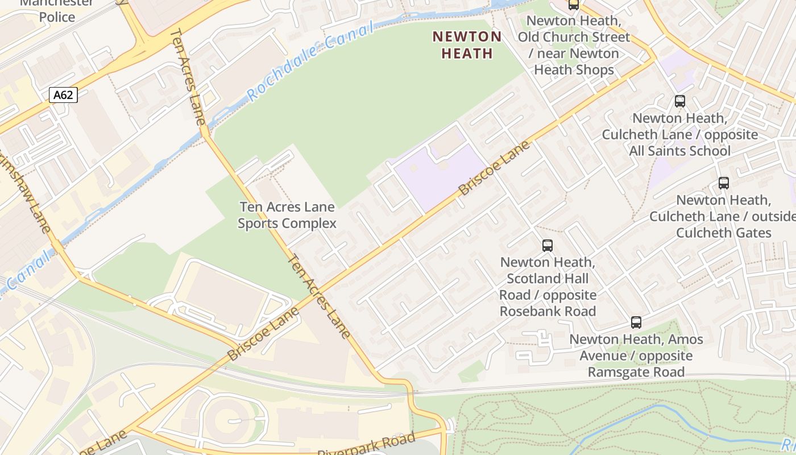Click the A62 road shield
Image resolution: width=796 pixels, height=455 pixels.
coord(63,95)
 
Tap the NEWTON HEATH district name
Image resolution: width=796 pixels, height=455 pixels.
coord(467,45)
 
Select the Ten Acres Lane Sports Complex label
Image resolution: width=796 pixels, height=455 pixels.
coord(287,215)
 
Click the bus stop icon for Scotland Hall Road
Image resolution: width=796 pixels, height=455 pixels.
coord(548,246)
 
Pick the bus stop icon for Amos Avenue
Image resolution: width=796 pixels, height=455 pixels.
coord(636,322)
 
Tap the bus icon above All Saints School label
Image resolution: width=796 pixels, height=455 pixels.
coord(679,101)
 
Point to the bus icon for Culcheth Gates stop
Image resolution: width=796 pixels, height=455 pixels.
coord(723,183)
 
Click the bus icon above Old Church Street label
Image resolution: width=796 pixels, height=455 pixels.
coord(573,5)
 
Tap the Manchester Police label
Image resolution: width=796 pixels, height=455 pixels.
coord(57,10)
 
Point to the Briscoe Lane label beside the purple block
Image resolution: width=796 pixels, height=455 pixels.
coord(494,168)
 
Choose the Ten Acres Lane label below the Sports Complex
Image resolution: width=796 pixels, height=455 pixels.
coord(320,296)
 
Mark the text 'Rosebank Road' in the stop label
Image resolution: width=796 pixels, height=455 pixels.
coord(548,311)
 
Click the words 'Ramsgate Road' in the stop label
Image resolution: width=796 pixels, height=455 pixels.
coord(636,372)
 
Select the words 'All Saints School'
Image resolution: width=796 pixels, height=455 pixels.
coord(679,151)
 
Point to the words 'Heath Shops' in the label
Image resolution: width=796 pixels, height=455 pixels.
coord(574,69)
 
